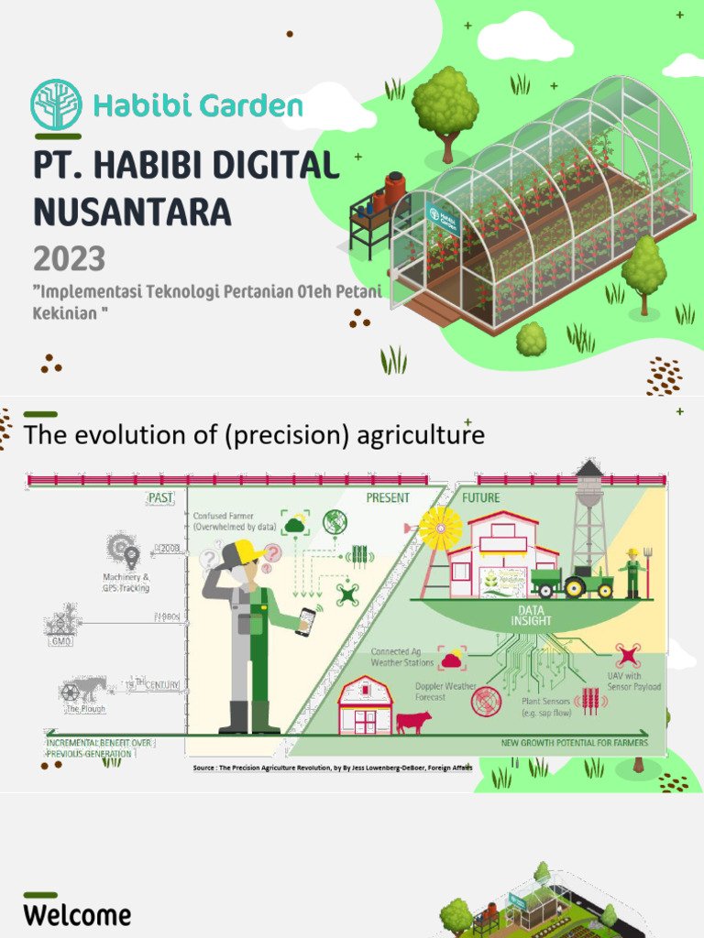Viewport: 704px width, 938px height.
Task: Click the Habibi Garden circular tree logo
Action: [56, 104]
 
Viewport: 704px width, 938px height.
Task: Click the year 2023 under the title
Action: [69, 258]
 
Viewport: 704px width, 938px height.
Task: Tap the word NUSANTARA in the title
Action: [132, 212]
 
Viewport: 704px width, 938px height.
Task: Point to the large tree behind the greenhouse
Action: [445, 105]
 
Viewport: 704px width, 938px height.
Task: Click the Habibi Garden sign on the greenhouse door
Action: [442, 219]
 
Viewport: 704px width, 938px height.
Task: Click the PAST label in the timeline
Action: [159, 498]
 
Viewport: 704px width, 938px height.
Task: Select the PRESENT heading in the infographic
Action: [388, 498]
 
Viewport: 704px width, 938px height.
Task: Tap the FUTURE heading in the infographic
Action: [480, 498]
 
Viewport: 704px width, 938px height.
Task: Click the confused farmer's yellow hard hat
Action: [246, 552]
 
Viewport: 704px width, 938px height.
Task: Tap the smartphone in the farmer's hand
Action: [305, 621]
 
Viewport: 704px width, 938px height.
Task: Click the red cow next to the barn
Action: [413, 721]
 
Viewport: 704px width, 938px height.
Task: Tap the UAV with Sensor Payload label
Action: [632, 681]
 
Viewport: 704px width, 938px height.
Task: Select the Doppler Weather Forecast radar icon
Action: [486, 702]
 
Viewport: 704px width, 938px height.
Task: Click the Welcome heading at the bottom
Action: [77, 914]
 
